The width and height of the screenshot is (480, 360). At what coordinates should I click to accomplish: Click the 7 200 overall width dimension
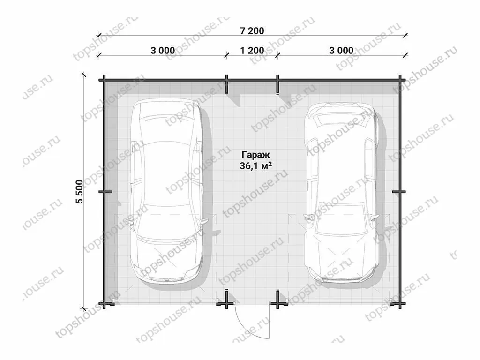coord(252,31)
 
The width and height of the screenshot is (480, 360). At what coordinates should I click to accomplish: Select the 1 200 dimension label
coord(252,51)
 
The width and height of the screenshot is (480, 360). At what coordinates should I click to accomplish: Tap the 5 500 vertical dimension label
coord(80,192)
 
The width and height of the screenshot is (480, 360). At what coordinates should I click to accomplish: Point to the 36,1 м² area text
coord(256,166)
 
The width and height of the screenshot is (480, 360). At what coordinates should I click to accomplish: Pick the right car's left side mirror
coord(308,217)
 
